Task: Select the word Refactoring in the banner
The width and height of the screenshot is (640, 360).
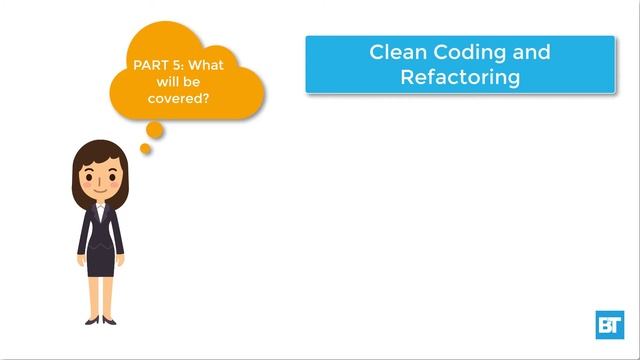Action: (460, 77)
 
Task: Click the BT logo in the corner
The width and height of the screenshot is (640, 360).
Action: (609, 325)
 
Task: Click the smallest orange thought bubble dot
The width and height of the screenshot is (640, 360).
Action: (145, 149)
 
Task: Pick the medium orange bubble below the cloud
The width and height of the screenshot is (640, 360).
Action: (154, 129)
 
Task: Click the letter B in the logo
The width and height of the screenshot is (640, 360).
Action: (604, 326)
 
